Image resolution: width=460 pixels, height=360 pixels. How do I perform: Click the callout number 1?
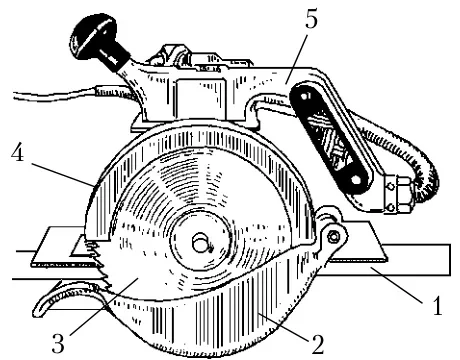pos(437,305)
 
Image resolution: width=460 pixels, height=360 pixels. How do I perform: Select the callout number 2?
pos(317,344)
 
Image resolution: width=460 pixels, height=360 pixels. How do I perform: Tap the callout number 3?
pos(58,343)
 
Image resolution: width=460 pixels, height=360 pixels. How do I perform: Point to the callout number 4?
pos(17,154)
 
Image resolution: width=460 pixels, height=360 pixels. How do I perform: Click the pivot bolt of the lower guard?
pos(333,236)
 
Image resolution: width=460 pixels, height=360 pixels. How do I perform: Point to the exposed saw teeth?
pos(97,263)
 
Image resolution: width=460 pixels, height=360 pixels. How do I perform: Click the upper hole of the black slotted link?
pos(304,97)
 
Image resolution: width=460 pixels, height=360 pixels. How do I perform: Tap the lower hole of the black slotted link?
pos(355,180)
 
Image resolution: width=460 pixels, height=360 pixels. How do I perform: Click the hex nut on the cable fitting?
pos(405,195)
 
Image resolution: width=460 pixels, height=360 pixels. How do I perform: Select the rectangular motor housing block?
pos(200,99)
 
